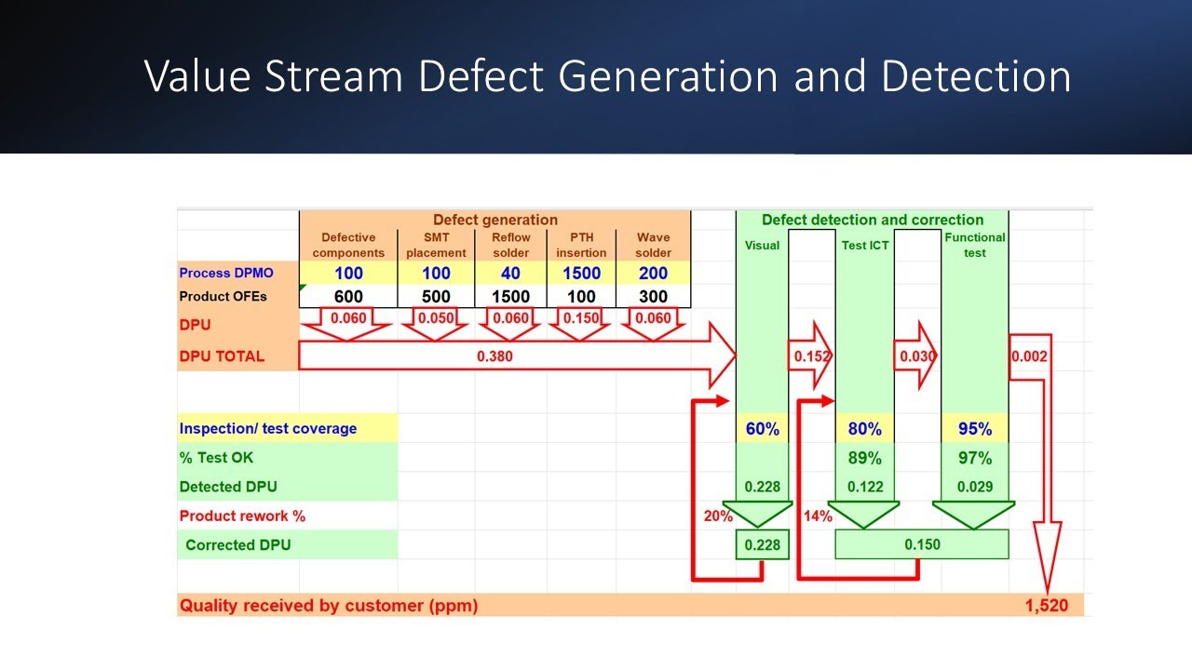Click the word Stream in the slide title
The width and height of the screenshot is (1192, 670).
coord(334,76)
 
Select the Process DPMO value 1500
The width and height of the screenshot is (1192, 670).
coord(581,274)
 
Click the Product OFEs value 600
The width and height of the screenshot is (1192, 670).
coord(348,297)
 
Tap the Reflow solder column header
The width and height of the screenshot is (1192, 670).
coord(510,245)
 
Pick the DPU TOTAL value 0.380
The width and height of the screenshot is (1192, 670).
coord(494,355)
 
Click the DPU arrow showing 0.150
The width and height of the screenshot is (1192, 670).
coord(582,318)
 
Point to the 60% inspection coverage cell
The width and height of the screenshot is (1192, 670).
coord(762,429)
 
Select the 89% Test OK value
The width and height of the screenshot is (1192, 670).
coord(865,458)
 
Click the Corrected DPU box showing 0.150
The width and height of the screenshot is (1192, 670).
coord(922,544)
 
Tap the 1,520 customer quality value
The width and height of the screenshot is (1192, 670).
coord(1047,606)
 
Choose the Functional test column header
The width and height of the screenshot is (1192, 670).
coord(974,245)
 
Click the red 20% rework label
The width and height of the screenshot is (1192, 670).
coord(718,516)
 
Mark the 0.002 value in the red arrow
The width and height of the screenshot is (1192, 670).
coord(1029,356)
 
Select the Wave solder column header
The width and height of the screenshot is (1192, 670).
coord(653,245)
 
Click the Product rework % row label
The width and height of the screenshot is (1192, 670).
coord(242,516)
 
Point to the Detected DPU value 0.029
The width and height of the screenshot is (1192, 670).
coord(974,487)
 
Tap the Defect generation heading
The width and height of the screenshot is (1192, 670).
coord(494,221)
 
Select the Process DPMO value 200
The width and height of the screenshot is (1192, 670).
coord(653,274)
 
